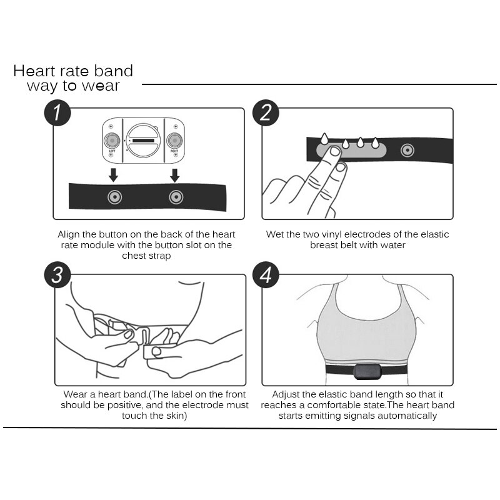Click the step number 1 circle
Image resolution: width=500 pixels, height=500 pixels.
point(57,114)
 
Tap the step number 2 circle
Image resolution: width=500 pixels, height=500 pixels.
point(266,113)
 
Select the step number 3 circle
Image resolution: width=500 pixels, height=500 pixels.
point(57,276)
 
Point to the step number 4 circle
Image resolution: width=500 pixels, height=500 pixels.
point(266,276)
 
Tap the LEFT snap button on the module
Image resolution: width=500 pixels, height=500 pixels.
point(112,139)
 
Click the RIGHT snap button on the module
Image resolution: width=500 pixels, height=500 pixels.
point(174,139)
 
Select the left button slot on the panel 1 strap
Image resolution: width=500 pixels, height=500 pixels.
point(114,197)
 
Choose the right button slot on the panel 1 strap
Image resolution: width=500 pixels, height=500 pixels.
point(176,197)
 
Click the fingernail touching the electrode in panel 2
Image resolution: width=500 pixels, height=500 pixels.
point(335,152)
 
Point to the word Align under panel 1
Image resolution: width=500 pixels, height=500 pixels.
point(70,234)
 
